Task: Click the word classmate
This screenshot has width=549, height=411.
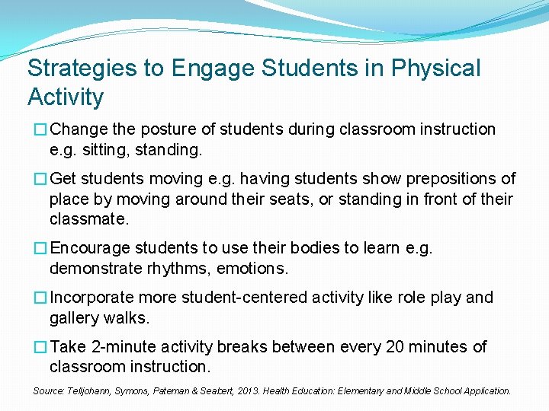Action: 88,219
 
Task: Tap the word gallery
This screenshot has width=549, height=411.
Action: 74,318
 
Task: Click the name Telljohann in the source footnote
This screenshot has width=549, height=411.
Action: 87,391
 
